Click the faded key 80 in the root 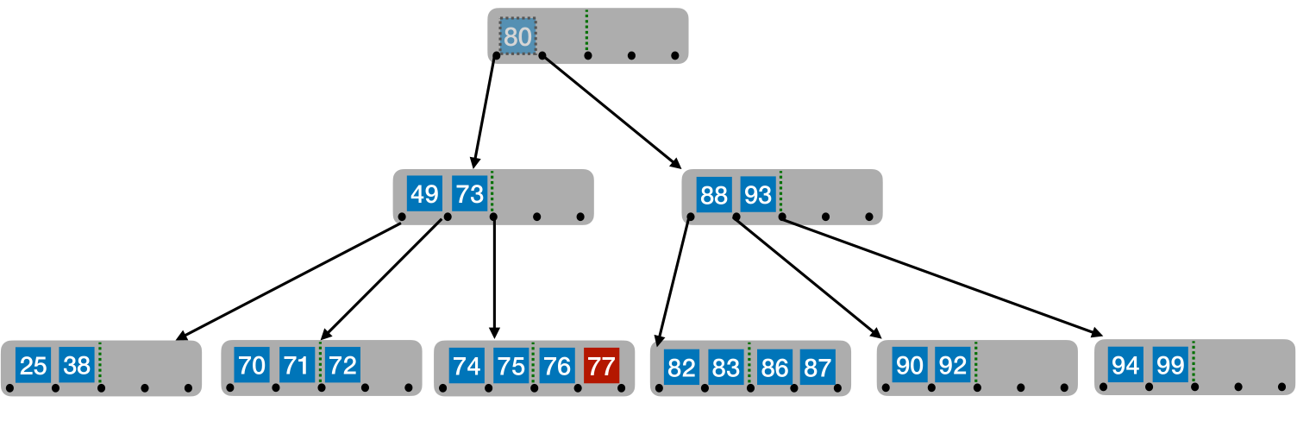pyautogui.click(x=517, y=37)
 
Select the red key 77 pyautogui.click(x=601, y=367)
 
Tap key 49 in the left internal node pyautogui.click(x=424, y=194)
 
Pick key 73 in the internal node pyautogui.click(x=470, y=194)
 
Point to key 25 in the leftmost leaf pyautogui.click(x=33, y=366)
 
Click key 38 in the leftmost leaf pyautogui.click(x=78, y=366)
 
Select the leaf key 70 pyautogui.click(x=252, y=365)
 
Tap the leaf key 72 pyautogui.click(x=342, y=365)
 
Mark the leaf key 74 pyautogui.click(x=467, y=367)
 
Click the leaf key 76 pyautogui.click(x=557, y=367)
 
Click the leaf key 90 pyautogui.click(x=909, y=365)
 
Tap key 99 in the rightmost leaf pyautogui.click(x=1170, y=365)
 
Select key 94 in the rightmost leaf pyautogui.click(x=1125, y=365)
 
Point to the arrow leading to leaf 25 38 pyautogui.click(x=289, y=280)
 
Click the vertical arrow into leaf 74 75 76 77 pyautogui.click(x=494, y=276)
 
